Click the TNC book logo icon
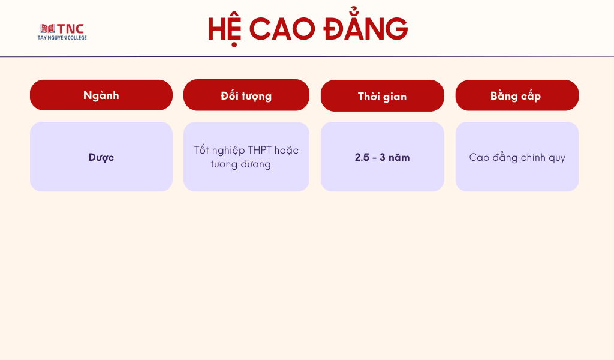click(x=48, y=29)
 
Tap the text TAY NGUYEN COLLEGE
click(x=62, y=38)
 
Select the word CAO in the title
click(x=282, y=29)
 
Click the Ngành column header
click(x=101, y=95)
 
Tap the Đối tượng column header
click(x=246, y=95)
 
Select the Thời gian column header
click(x=382, y=95)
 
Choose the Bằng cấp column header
click(x=517, y=95)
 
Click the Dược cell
click(x=101, y=157)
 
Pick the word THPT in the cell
click(x=259, y=150)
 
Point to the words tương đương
click(x=241, y=164)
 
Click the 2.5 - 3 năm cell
click(x=382, y=157)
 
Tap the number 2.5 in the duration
click(x=362, y=157)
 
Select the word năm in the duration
click(x=399, y=157)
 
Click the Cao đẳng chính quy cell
click(x=517, y=157)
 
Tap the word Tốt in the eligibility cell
click(x=201, y=149)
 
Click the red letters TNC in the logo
click(x=71, y=29)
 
